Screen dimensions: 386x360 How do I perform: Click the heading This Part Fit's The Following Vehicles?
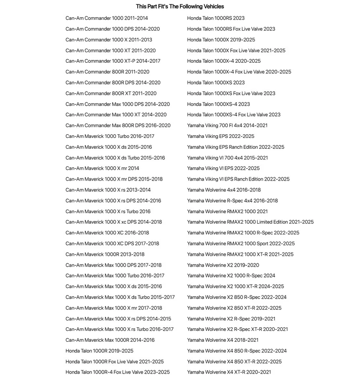tap(180, 6)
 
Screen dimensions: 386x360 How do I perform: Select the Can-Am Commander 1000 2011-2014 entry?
tap(106, 18)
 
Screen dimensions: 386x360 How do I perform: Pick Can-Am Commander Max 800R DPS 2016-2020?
tap(118, 125)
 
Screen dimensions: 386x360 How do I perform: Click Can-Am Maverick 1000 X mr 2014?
tap(102, 168)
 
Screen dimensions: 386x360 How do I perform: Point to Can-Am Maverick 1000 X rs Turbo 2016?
tap(108, 211)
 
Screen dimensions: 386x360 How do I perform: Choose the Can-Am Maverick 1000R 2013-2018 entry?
tap(105, 254)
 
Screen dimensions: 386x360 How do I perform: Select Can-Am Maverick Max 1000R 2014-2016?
tap(110, 340)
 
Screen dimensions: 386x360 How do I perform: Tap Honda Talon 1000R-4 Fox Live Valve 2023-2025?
tap(118, 372)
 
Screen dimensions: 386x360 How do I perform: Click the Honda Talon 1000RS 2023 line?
tap(216, 18)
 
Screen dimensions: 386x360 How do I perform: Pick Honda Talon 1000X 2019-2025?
tap(221, 40)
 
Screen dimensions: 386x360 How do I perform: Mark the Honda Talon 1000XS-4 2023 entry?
tap(218, 104)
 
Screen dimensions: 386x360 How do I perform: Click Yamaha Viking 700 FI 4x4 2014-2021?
tap(227, 125)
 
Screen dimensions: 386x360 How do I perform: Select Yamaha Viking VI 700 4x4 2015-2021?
tap(227, 158)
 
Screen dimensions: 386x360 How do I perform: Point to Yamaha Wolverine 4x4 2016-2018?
tap(224, 190)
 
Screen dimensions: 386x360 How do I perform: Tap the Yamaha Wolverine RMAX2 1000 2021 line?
tap(227, 211)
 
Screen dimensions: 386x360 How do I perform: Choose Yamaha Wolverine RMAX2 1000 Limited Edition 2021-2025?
tap(250, 222)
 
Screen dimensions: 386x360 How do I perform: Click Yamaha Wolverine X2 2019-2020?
tap(223, 265)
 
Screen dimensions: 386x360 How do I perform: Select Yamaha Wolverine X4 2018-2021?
tap(223, 340)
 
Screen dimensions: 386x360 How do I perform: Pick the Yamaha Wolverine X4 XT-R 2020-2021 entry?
tap(229, 372)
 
